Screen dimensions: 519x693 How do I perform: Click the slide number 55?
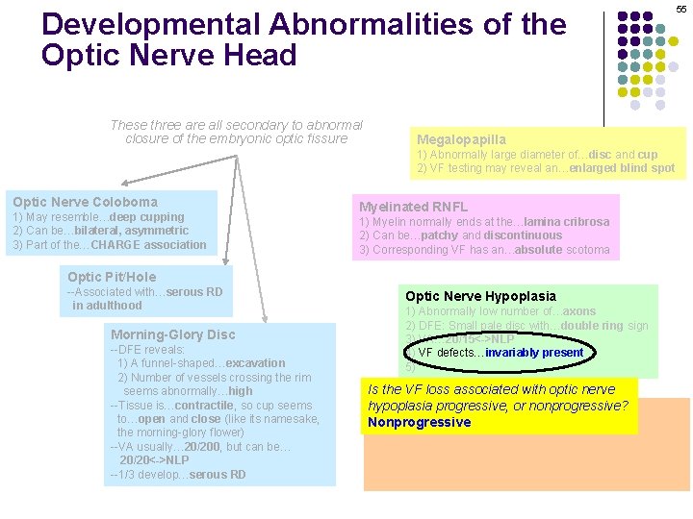tap(680, 9)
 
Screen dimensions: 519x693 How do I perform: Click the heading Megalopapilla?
tap(461, 139)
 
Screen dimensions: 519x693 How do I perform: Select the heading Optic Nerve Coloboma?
tap(85, 202)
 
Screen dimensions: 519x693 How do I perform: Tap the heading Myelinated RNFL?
tap(413, 207)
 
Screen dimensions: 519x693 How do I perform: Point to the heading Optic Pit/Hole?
tap(112, 277)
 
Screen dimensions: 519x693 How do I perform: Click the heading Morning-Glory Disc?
tap(172, 334)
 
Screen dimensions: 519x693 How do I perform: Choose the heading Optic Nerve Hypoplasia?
tap(480, 296)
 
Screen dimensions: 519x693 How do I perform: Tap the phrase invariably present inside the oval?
tap(534, 353)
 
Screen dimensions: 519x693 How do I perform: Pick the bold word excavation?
tap(253, 363)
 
